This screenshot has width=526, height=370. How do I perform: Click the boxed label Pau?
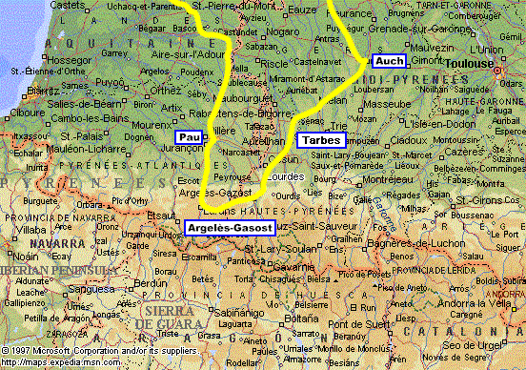[x=188, y=137]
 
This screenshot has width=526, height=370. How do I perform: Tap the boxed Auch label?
[x=389, y=61]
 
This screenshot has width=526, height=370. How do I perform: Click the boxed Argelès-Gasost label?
[x=230, y=228]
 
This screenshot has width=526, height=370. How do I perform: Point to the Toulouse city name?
[x=471, y=64]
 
